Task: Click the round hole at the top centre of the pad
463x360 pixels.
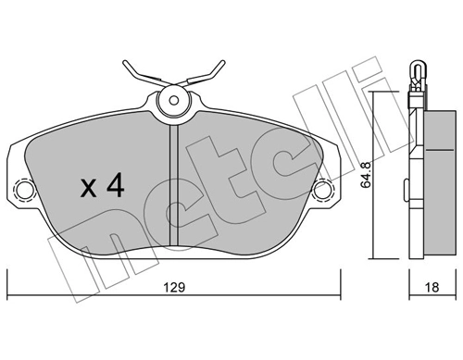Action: click(x=173, y=101)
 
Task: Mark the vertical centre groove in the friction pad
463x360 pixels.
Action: click(x=173, y=185)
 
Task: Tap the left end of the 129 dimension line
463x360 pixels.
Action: click(x=7, y=274)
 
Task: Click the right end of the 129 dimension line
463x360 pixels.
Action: click(x=340, y=274)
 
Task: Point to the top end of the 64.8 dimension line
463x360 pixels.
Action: click(x=373, y=93)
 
